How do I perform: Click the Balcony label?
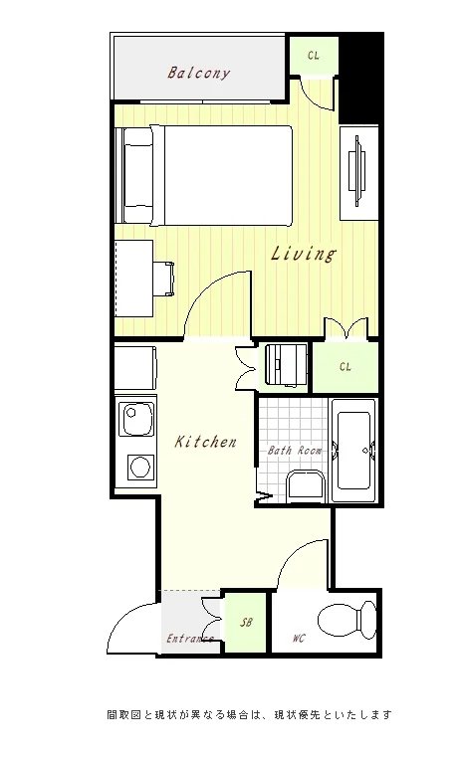[x=198, y=73]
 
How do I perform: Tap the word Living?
[x=303, y=254]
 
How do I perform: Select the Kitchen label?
[x=205, y=442]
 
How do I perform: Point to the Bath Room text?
[x=295, y=451]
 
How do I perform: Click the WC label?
[x=299, y=639]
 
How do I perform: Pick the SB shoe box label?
[x=246, y=623]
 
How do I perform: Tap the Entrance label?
[x=190, y=639]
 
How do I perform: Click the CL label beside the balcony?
[x=313, y=56]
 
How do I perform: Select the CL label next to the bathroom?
[x=346, y=367]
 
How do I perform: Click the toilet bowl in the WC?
[x=346, y=620]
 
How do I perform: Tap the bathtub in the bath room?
[x=354, y=451]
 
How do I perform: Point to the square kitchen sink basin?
[x=135, y=418]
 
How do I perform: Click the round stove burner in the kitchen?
[x=140, y=467]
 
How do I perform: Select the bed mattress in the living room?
[x=228, y=176]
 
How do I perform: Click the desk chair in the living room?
[x=164, y=279]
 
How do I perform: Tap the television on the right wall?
[x=358, y=171]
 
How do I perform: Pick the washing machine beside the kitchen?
[x=286, y=365]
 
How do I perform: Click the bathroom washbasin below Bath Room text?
[x=305, y=486]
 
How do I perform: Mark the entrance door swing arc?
[x=123, y=618]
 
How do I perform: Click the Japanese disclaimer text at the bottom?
[x=249, y=714]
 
